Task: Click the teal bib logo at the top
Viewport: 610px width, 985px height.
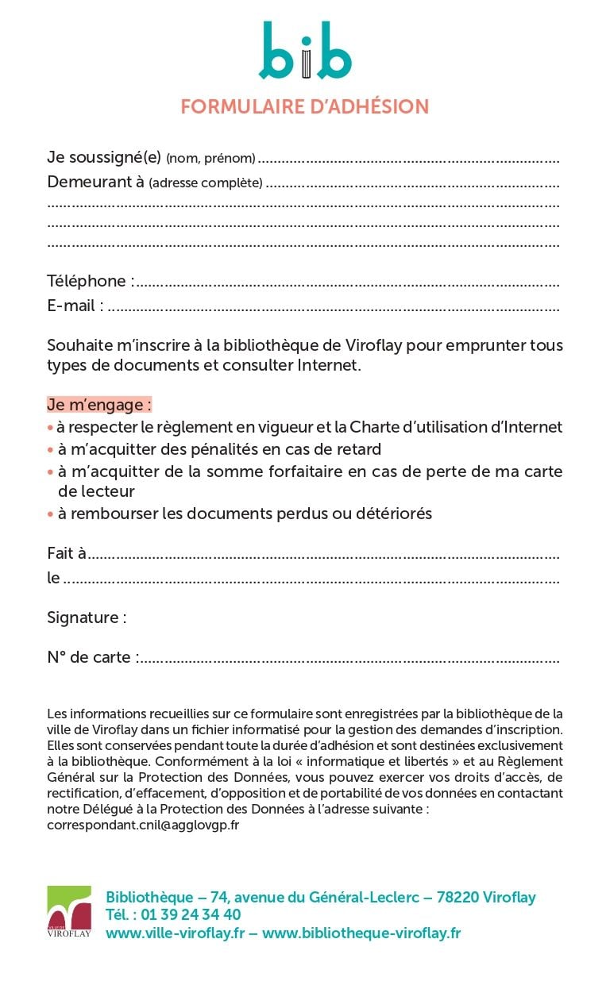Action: coord(305,52)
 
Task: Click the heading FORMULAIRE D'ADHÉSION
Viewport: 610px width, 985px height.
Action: coord(305,106)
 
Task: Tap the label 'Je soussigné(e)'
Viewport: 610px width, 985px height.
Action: coord(104,158)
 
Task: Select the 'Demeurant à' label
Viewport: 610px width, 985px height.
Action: coord(95,182)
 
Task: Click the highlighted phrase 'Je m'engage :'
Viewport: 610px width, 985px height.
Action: coord(99,405)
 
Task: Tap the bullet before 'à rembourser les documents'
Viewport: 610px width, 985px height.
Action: coord(50,514)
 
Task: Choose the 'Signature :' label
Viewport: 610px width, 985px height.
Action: coord(87,618)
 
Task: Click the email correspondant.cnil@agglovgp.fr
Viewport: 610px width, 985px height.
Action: coord(144,825)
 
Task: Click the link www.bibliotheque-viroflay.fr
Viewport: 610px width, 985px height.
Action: coord(361,933)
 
